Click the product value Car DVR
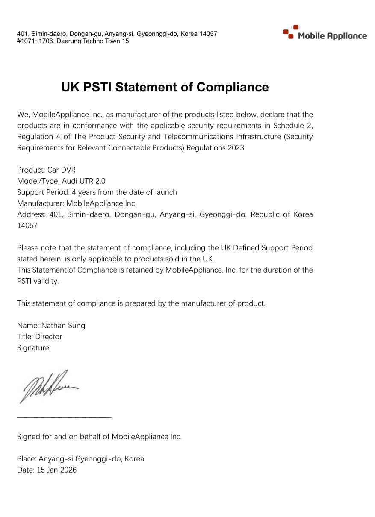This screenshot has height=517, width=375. (61, 170)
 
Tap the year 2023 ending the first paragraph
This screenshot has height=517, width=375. (237, 147)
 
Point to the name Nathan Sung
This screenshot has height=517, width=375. (63, 325)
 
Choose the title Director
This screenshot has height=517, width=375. (48, 336)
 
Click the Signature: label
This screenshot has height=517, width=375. (34, 347)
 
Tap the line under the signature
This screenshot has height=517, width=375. (64, 417)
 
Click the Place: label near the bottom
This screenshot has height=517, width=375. (27, 458)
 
